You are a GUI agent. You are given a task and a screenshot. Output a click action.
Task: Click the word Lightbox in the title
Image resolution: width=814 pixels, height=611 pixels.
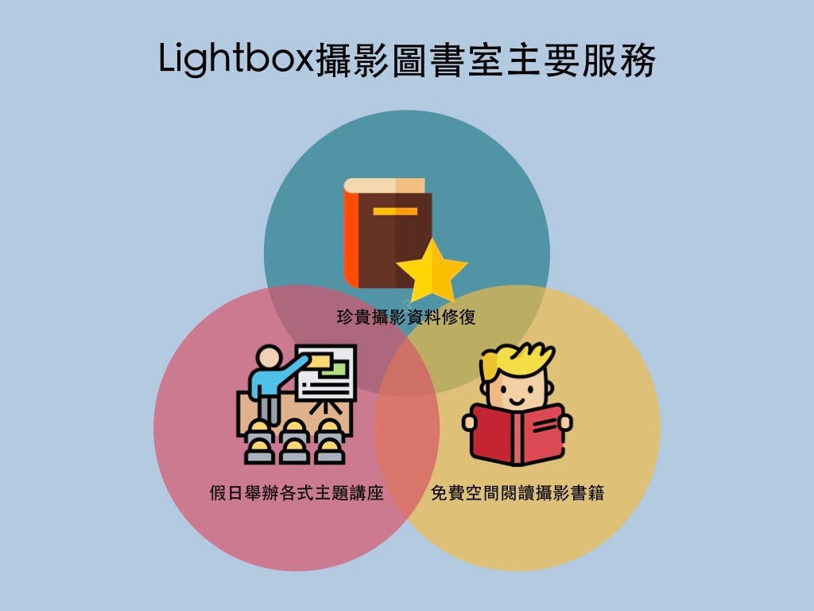tap(236, 59)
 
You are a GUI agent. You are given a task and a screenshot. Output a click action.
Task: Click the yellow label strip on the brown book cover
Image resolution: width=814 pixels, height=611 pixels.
tap(395, 212)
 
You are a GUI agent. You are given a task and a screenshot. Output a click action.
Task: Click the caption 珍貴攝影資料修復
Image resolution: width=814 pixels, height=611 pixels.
tap(406, 317)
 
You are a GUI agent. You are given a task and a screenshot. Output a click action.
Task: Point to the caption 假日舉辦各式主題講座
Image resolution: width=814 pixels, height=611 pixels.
tap(297, 492)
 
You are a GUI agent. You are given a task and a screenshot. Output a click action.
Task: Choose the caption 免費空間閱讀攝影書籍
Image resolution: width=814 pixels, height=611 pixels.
tap(517, 492)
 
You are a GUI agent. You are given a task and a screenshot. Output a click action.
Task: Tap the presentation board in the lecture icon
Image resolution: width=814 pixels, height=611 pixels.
tap(326, 373)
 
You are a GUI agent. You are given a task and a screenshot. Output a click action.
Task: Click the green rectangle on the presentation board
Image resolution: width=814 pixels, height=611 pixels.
tap(335, 368)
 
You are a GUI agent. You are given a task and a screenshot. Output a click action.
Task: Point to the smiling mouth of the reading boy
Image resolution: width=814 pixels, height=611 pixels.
tap(516, 401)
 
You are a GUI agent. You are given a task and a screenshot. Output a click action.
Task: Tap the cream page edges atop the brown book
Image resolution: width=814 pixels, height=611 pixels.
tap(384, 185)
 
